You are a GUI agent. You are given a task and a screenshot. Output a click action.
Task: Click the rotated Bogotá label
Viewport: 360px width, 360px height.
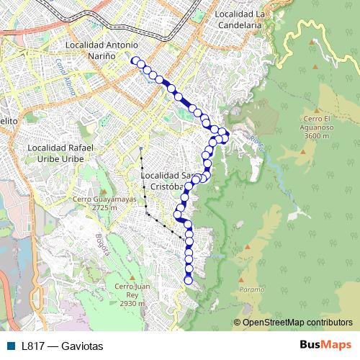pyautogui.click(x=102, y=245)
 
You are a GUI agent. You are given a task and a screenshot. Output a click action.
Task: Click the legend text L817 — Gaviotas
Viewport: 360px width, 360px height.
pyautogui.click(x=63, y=346)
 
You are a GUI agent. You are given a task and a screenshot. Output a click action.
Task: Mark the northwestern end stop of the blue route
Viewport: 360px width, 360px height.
pyautogui.click(x=135, y=61)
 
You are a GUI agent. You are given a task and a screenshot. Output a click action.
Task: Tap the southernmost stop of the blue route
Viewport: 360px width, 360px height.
pyautogui.click(x=189, y=280)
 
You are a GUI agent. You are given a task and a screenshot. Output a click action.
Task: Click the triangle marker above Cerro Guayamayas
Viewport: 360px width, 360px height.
pyautogui.click(x=100, y=189)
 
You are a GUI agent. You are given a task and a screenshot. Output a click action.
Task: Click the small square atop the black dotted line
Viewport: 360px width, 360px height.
pyautogui.click(x=141, y=149)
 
